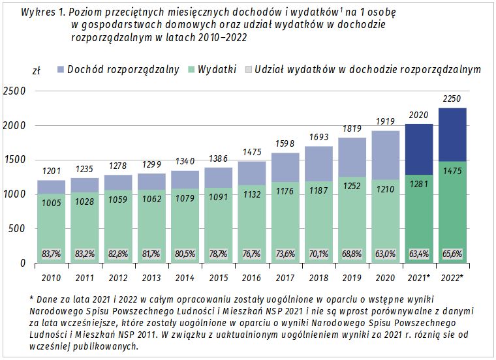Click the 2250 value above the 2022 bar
point(452,99)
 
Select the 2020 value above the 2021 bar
point(418,115)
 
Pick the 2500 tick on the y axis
point(14,91)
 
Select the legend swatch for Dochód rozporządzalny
point(61,69)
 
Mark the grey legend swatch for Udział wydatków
point(248,69)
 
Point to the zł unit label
point(37,70)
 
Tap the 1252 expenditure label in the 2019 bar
point(351,186)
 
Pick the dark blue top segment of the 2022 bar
point(452,134)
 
